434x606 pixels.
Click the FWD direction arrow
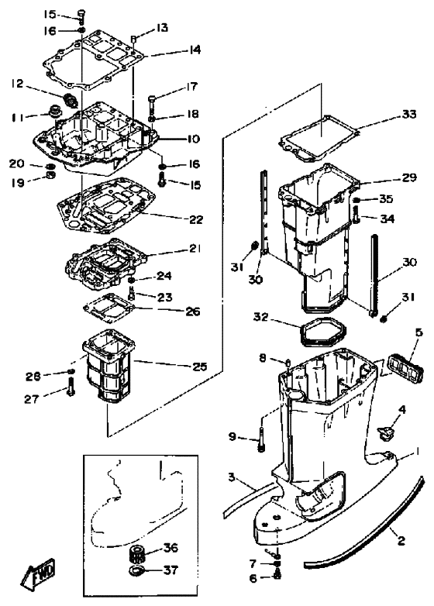click(x=38, y=571)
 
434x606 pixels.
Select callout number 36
click(x=170, y=547)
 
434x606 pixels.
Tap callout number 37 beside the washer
click(x=170, y=570)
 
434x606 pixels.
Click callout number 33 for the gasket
click(x=409, y=115)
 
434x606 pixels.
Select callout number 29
click(x=409, y=177)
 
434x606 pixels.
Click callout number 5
click(x=419, y=332)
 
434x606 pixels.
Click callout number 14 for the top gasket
click(x=195, y=50)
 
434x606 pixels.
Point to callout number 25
click(x=200, y=366)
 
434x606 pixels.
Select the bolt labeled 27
click(x=71, y=387)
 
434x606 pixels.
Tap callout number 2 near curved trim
click(x=401, y=540)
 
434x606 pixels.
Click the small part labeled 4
click(x=384, y=432)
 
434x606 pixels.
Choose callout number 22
click(x=196, y=219)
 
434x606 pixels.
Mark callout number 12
click(x=17, y=83)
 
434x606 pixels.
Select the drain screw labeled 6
click(x=277, y=576)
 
